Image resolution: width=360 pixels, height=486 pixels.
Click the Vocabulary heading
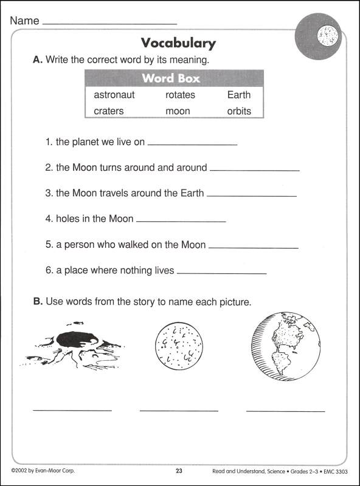[x=178, y=43]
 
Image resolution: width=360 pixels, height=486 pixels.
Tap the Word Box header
[x=171, y=78]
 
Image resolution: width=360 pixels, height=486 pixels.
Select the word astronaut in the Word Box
[x=114, y=95]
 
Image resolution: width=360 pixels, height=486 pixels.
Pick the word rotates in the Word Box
[x=180, y=95]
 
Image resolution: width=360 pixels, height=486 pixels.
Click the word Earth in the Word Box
[x=238, y=95]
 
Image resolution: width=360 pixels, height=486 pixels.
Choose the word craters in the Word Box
[x=109, y=111]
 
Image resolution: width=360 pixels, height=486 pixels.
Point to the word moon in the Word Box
[x=178, y=111]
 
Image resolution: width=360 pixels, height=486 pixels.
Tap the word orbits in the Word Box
[x=238, y=111]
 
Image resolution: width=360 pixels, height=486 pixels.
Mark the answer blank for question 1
[x=192, y=145]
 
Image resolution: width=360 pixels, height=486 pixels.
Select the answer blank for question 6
[x=221, y=273]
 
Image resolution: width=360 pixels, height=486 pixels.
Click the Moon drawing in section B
[x=179, y=344]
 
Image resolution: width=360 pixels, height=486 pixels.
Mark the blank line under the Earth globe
[x=285, y=411]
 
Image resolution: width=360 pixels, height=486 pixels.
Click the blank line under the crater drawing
[x=72, y=411]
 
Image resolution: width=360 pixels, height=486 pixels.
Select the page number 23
[x=179, y=471]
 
